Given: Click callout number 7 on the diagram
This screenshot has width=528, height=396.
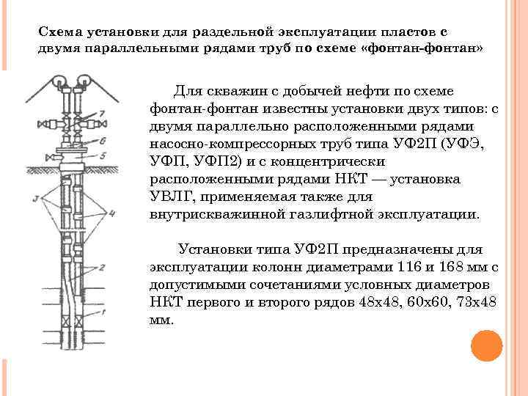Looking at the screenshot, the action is point(102,112).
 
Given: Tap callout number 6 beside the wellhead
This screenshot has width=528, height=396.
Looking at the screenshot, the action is point(103,139).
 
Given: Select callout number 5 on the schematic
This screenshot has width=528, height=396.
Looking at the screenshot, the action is point(103,155).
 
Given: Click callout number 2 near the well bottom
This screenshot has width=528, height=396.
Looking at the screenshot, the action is point(103,268).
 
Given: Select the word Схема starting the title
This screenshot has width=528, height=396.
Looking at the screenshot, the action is point(59,32).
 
